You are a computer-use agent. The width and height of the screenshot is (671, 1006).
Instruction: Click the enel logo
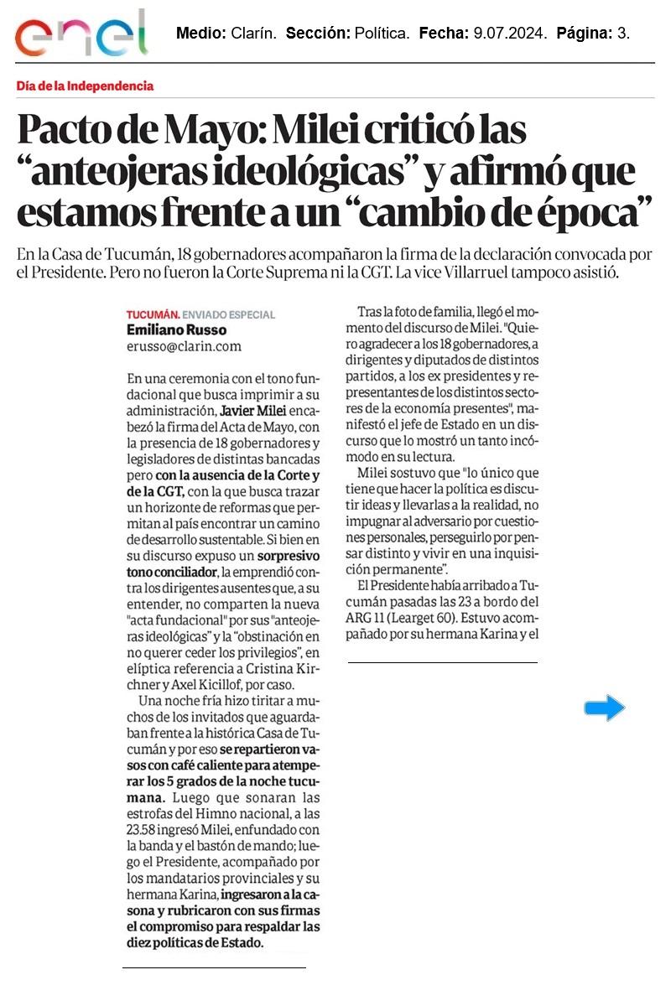[81, 34]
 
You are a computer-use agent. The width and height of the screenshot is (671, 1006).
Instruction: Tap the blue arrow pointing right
[604, 708]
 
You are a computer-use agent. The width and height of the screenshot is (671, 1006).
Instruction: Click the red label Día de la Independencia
[85, 86]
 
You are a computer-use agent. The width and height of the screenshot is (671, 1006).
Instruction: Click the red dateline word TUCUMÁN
[152, 314]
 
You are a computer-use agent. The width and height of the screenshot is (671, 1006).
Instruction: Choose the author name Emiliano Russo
[175, 329]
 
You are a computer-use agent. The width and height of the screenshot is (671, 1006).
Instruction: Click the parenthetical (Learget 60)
[423, 619]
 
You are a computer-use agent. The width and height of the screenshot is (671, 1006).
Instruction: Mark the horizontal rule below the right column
[442, 662]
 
